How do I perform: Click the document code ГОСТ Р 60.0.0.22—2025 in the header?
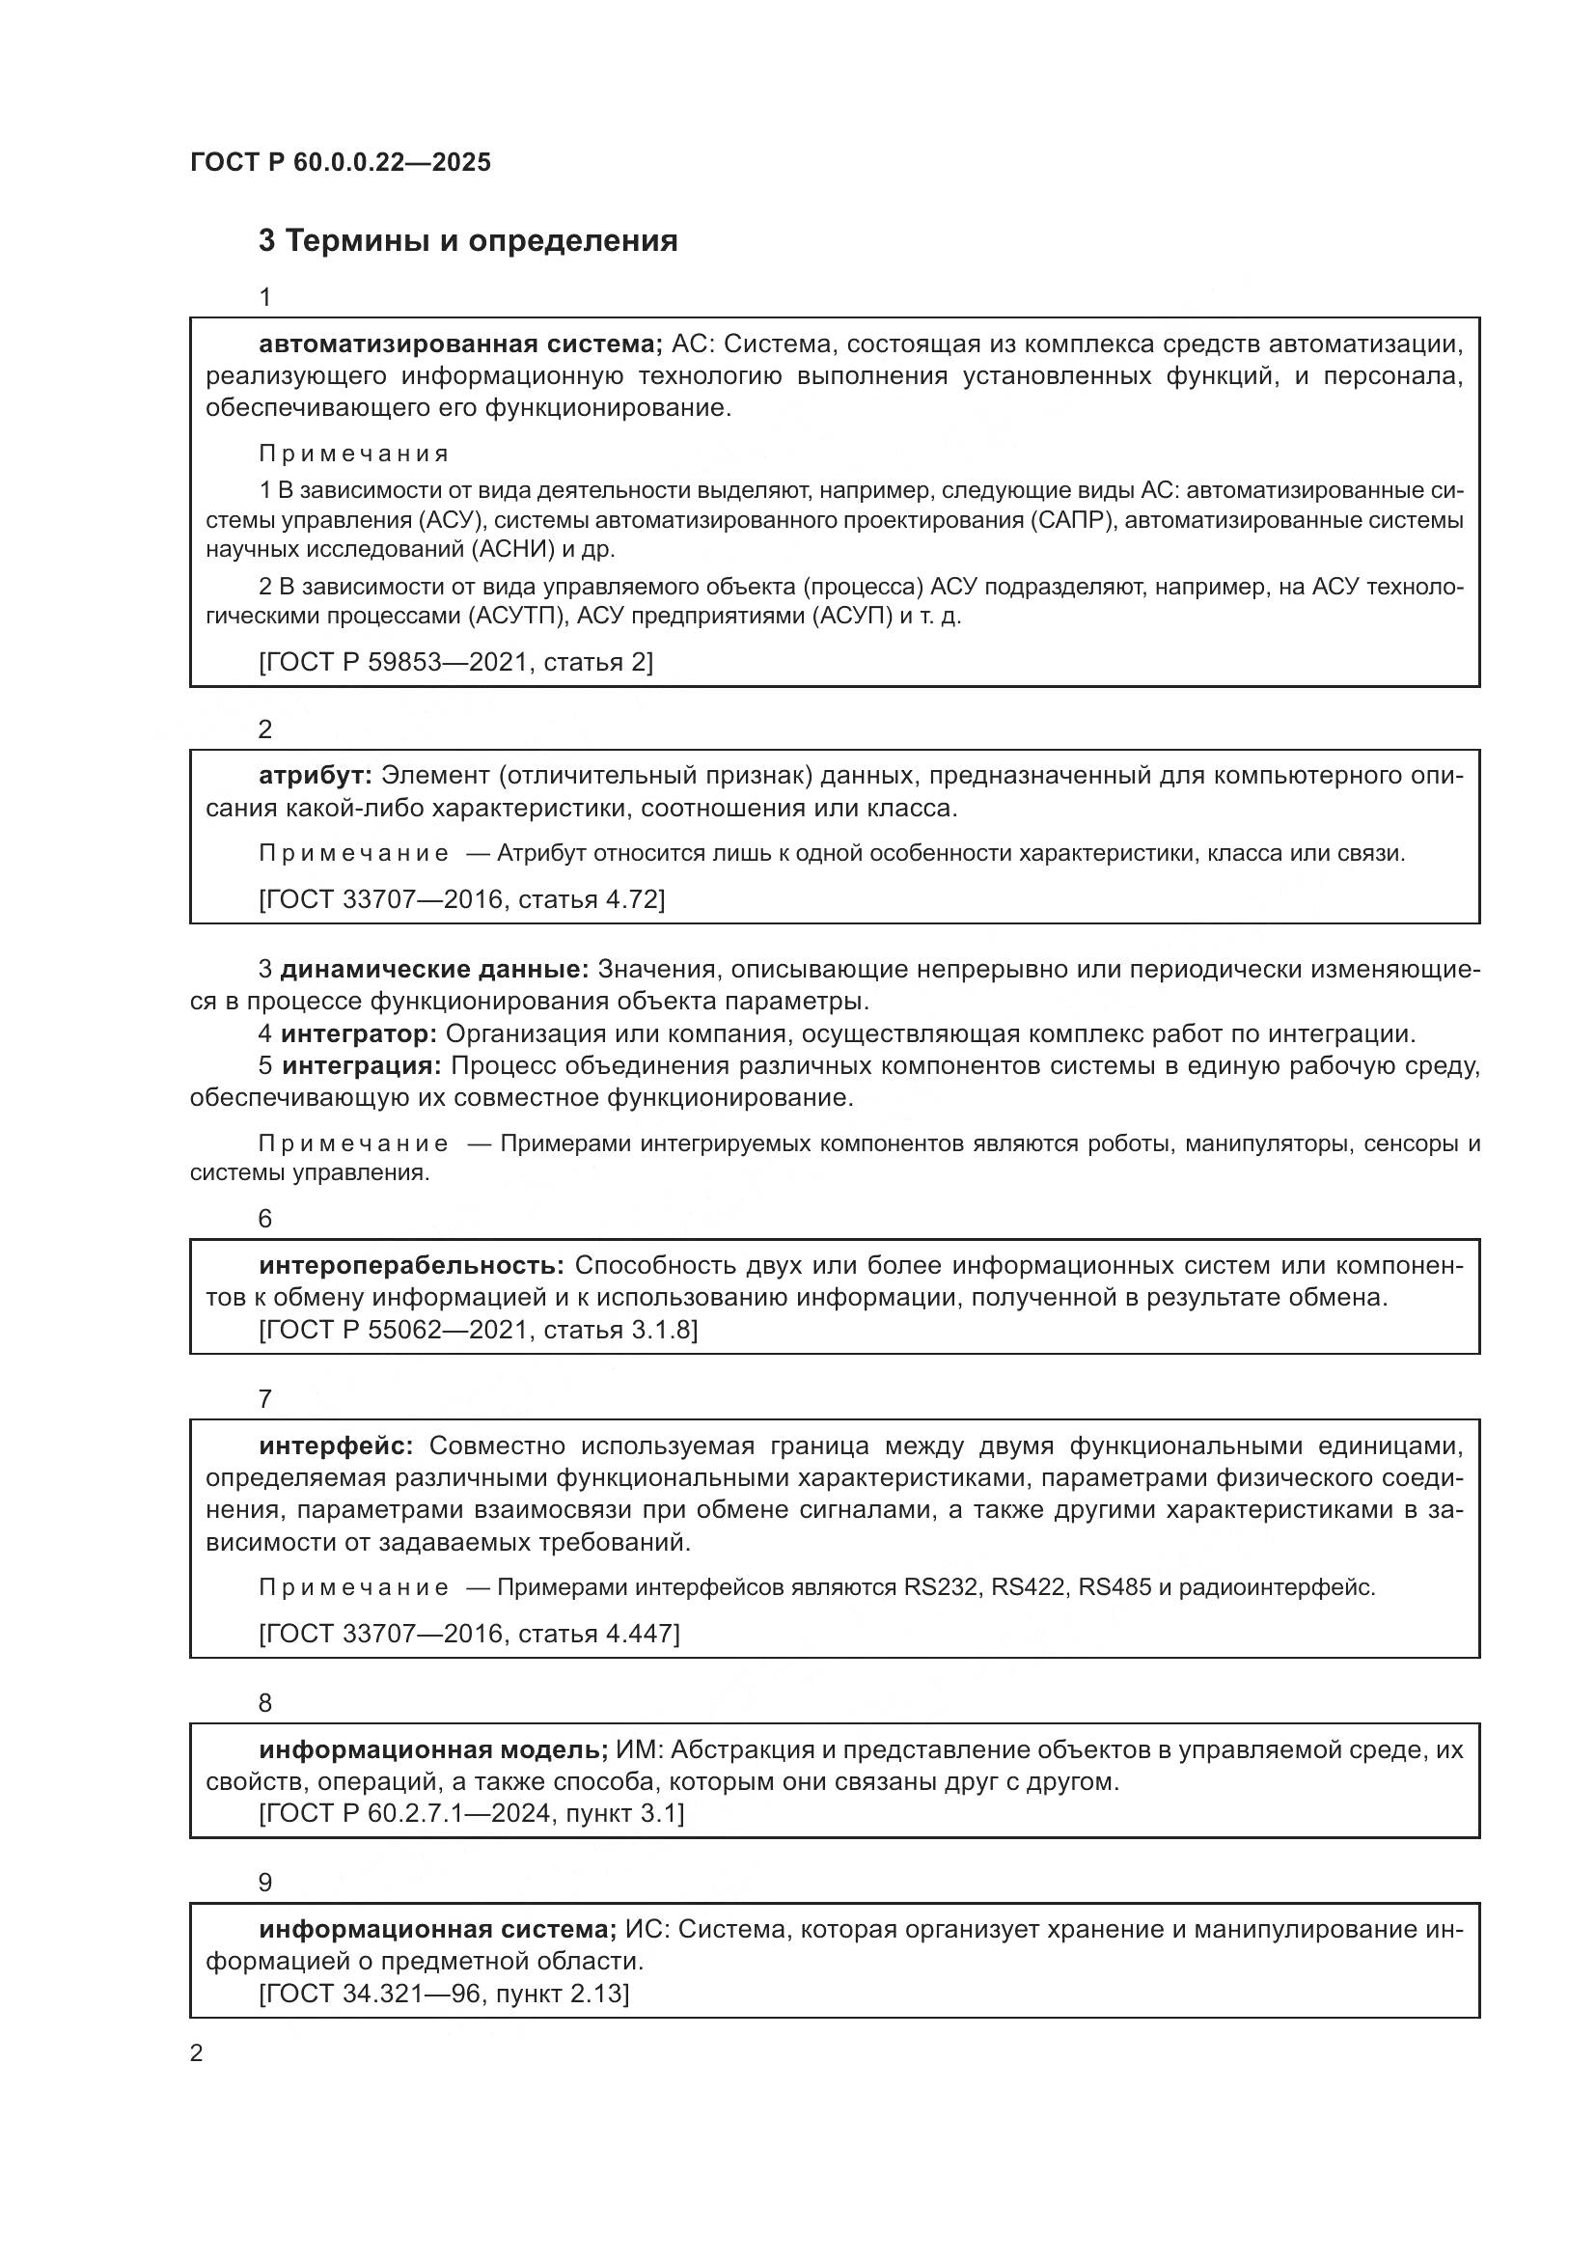[x=340, y=163]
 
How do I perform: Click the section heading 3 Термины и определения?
[x=468, y=241]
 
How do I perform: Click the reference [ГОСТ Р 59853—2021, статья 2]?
[x=456, y=663]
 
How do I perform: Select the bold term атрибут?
[x=315, y=777]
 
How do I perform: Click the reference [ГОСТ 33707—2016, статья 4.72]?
[x=462, y=899]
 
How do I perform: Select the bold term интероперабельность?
[x=411, y=1266]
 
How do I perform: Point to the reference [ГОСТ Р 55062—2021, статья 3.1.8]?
[x=478, y=1331]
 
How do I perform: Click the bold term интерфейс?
[x=336, y=1446]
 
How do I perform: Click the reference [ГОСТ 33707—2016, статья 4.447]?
[x=469, y=1634]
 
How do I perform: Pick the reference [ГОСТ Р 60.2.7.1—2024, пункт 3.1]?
[x=472, y=1814]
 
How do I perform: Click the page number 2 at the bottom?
[x=197, y=2053]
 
